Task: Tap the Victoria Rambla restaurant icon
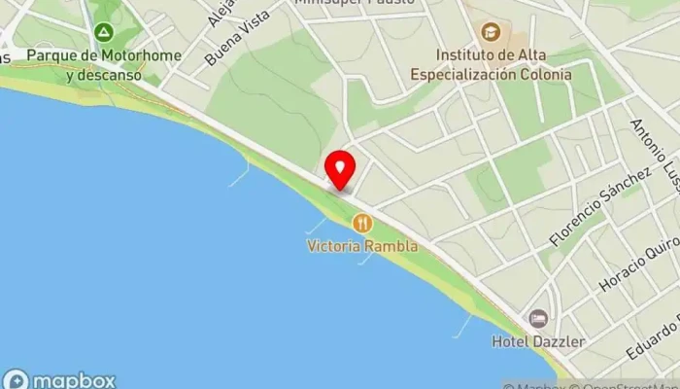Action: [362, 224]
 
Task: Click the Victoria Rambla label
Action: [362, 246]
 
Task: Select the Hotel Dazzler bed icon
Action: [538, 318]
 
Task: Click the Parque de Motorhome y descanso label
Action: [103, 65]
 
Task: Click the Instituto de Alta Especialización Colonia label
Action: [491, 64]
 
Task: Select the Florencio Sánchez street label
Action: [600, 206]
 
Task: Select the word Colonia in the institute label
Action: [544, 74]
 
